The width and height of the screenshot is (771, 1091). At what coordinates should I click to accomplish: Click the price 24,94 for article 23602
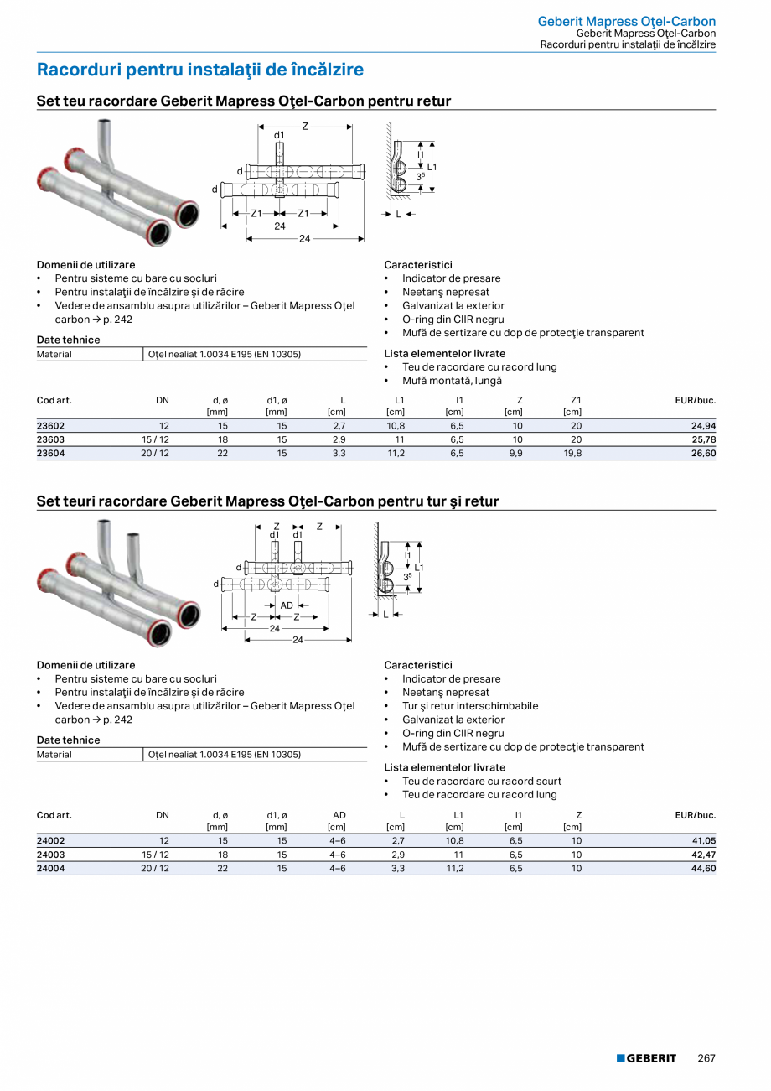pyautogui.click(x=703, y=426)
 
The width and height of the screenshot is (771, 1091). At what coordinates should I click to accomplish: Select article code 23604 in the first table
pyautogui.click(x=50, y=453)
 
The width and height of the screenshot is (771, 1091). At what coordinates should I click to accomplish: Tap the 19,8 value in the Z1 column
pyautogui.click(x=572, y=453)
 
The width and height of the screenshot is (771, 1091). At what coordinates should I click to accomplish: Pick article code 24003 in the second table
pyautogui.click(x=50, y=855)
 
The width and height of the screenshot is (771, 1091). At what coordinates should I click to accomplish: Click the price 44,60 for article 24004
pyautogui.click(x=703, y=868)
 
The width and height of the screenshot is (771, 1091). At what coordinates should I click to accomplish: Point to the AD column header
pyautogui.click(x=339, y=815)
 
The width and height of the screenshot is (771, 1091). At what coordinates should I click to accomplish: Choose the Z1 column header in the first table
pyautogui.click(x=576, y=400)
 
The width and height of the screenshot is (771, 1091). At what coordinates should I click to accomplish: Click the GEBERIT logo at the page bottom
pyautogui.click(x=646, y=1058)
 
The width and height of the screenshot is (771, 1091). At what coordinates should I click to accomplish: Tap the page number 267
pyautogui.click(x=706, y=1058)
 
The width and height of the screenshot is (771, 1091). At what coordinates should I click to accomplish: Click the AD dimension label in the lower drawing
pyautogui.click(x=287, y=605)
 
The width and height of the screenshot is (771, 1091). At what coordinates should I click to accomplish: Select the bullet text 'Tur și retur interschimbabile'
pyautogui.click(x=470, y=706)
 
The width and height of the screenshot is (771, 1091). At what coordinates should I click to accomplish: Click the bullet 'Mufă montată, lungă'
pyautogui.click(x=452, y=381)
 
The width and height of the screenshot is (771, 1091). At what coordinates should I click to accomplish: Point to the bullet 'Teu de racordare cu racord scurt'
pyautogui.click(x=482, y=782)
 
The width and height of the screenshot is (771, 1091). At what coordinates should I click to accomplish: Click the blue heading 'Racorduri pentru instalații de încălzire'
pyautogui.click(x=200, y=70)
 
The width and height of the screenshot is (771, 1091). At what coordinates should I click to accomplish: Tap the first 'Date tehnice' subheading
pyautogui.click(x=68, y=340)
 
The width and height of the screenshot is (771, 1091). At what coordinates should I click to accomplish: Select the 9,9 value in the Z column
pyautogui.click(x=516, y=453)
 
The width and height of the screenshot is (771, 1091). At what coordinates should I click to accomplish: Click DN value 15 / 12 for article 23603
pyautogui.click(x=155, y=439)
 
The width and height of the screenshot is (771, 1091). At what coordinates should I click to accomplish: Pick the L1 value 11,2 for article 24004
pyautogui.click(x=455, y=868)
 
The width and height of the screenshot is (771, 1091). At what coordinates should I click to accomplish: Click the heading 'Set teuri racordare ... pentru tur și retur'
pyautogui.click(x=267, y=501)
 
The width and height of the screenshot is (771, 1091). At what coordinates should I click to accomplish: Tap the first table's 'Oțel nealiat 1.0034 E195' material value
pyautogui.click(x=225, y=354)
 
